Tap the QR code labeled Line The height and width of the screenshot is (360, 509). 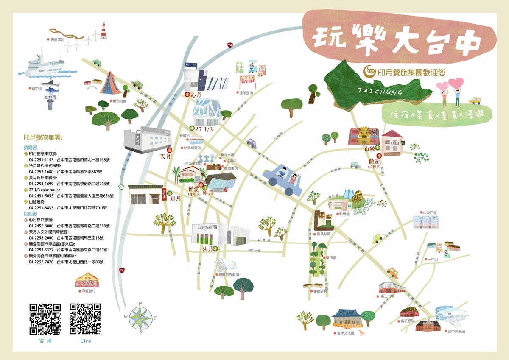pos(85,318)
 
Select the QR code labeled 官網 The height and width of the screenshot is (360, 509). pos(45,319)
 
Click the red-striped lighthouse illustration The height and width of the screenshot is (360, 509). pos(103,31)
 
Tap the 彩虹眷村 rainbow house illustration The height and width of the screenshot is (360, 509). pos(87,280)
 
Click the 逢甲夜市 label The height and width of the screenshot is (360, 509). pos(246,92)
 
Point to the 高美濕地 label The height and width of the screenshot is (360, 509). pos(57,39)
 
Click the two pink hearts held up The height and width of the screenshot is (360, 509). pos(450,84)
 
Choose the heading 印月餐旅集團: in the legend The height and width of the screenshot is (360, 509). pos(43,137)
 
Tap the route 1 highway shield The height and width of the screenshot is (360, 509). pos(121,187)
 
